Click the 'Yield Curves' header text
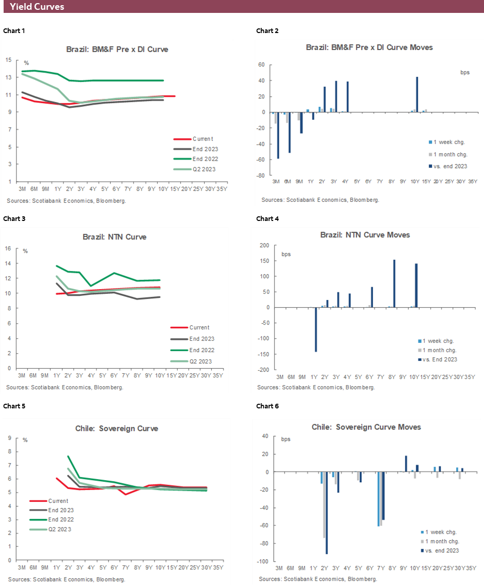(37, 7)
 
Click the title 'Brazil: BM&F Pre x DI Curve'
(117, 50)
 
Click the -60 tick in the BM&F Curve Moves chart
(261, 160)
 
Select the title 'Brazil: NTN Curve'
(114, 237)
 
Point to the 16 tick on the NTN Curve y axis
(8, 248)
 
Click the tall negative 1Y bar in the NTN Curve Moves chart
(316, 330)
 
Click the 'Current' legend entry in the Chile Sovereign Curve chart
(58, 501)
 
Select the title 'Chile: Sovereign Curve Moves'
(366, 427)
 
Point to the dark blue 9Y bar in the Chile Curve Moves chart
(406, 464)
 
